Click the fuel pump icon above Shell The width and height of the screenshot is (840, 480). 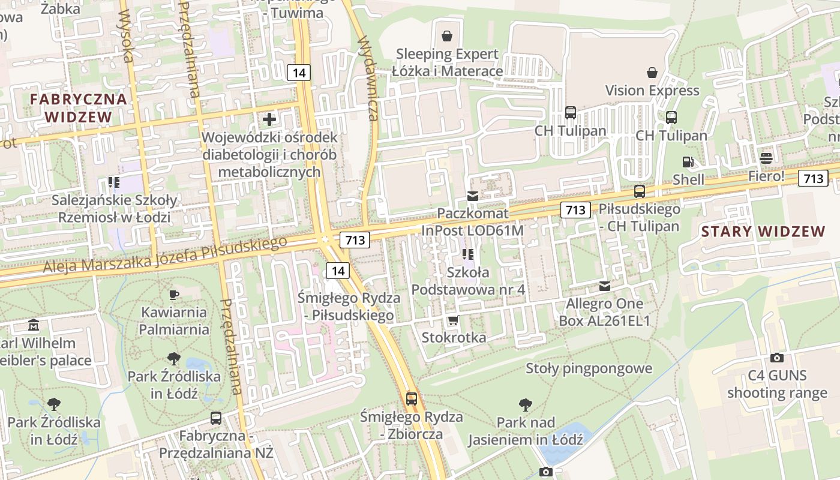(688, 161)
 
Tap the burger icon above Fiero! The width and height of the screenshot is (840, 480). (766, 158)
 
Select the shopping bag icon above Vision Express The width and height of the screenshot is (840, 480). (652, 73)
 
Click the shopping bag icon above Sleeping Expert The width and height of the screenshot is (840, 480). (446, 36)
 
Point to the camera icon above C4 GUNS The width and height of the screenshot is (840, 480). (777, 358)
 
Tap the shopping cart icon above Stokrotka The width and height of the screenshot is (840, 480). (453, 320)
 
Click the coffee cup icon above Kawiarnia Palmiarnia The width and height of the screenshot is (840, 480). (174, 294)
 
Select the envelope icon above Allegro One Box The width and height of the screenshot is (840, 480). (604, 286)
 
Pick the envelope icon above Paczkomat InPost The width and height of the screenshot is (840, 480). (473, 196)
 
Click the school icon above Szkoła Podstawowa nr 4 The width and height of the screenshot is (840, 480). (468, 254)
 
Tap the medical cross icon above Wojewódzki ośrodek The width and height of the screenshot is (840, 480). (269, 119)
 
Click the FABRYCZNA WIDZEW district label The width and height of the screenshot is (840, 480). (79, 108)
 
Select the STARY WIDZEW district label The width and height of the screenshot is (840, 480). (763, 232)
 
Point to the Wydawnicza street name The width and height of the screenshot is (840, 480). (367, 78)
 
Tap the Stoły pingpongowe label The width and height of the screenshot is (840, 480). (589, 368)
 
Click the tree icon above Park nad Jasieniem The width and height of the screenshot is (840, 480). (526, 404)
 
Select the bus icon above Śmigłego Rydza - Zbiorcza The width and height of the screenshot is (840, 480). (412, 398)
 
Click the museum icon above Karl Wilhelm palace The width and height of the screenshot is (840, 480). (34, 325)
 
